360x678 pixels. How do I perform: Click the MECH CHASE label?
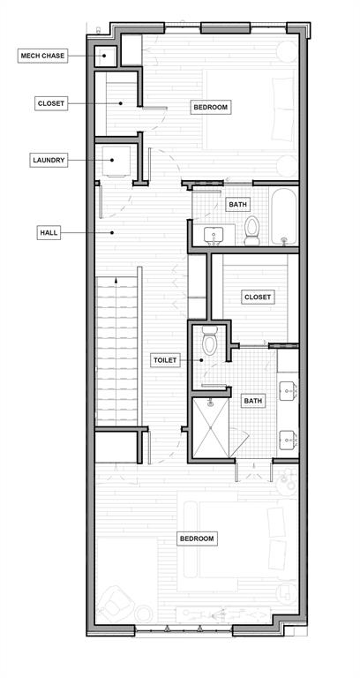tap(42, 56)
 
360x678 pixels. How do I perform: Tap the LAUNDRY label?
tap(49, 160)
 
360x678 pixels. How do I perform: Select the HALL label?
tap(49, 233)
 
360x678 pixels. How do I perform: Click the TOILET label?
tap(166, 360)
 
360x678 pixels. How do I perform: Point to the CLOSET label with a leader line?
tap(51, 103)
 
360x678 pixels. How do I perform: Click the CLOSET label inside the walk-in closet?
tap(258, 297)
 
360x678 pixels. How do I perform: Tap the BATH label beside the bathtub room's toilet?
tap(237, 204)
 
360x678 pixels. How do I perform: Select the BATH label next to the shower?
tap(253, 401)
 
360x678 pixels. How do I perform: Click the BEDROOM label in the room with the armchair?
tap(197, 539)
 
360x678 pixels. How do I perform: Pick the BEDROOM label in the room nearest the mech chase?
tap(211, 107)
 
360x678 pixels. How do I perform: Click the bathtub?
tap(284, 215)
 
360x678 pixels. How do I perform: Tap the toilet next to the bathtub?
tap(252, 230)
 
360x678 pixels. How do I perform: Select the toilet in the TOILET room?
tap(210, 340)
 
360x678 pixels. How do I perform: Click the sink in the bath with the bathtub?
tap(213, 236)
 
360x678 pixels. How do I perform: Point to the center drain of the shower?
tap(211, 427)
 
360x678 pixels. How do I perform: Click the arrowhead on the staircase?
tap(116, 280)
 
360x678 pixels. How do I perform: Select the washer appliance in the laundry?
tap(116, 162)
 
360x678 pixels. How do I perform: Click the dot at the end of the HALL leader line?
tap(112, 233)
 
